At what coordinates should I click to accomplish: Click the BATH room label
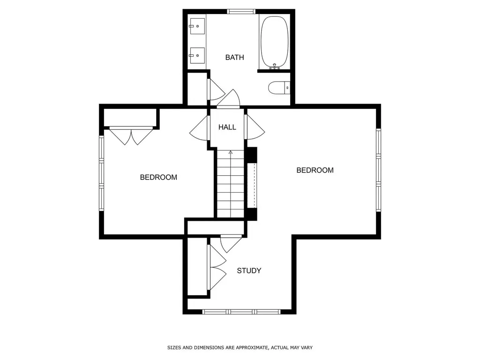(234, 58)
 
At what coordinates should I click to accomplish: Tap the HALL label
(227, 127)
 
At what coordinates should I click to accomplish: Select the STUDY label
(249, 270)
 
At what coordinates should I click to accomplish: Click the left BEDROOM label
(158, 177)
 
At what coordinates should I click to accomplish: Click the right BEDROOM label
(315, 170)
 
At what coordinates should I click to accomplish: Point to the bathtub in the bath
(274, 42)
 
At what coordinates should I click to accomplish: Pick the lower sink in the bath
(198, 55)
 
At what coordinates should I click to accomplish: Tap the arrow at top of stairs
(230, 152)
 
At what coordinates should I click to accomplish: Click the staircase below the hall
(230, 185)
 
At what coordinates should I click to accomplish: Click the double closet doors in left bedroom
(131, 135)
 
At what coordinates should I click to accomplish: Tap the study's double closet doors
(216, 268)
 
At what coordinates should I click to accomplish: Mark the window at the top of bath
(241, 11)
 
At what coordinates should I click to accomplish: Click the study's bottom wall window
(241, 311)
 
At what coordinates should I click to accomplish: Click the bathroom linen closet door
(216, 89)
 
